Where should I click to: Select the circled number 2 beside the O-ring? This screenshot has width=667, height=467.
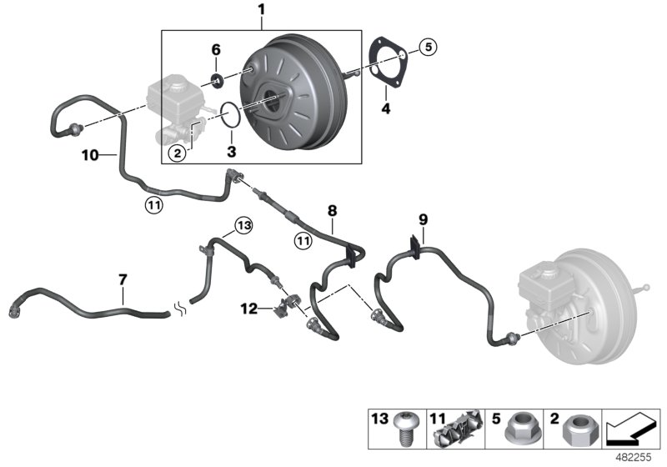coord(176,152)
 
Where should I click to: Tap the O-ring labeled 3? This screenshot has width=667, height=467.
coord(232,114)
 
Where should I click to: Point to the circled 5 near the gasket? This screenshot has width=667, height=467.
coord(427,48)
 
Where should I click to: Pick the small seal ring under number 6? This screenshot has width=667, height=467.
coord(216,80)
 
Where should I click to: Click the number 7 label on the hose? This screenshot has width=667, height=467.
coord(123,279)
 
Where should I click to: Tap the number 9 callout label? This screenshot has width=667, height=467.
coord(423,220)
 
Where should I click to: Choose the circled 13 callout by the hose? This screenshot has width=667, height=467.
coord(243,225)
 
